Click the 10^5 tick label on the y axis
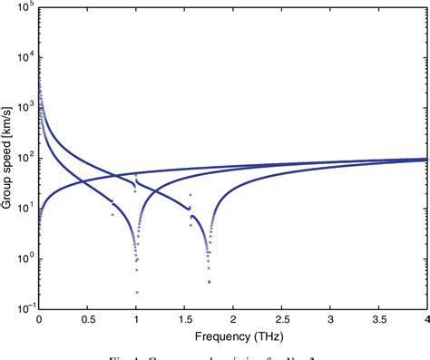(x=24, y=6)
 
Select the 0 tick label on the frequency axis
(x=39, y=320)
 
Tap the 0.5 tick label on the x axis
(x=87, y=320)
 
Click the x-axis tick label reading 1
(x=136, y=320)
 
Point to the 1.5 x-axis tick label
(x=184, y=320)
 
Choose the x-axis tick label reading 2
(x=233, y=320)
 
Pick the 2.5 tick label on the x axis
(x=281, y=320)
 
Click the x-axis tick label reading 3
(x=330, y=320)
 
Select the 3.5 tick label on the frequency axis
(x=378, y=320)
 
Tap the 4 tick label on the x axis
(x=425, y=320)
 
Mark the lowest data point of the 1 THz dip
(x=136, y=292)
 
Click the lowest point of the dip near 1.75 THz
(x=209, y=282)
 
